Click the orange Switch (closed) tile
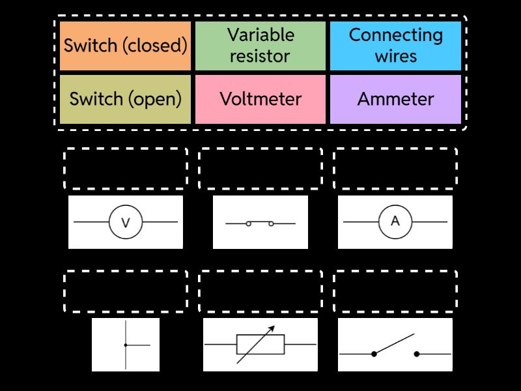pos(125,46)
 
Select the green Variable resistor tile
pos(260,46)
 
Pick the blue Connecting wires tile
pos(395,46)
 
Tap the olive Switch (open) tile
pos(125,99)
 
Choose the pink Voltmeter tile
pos(260,99)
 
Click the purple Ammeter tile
pos(395,99)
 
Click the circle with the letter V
pos(126,222)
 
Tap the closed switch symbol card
pos(260,222)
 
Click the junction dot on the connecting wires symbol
pos(126,345)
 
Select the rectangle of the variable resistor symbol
pos(260,344)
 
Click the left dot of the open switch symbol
pos(374,354)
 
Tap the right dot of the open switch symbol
pos(417,354)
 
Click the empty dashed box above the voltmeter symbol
pos(126,168)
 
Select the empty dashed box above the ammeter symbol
pos(395,168)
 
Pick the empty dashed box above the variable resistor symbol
pos(260,291)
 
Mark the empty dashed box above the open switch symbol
pos(395,291)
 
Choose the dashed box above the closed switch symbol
pos(260,168)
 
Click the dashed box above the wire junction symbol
pos(126,291)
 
